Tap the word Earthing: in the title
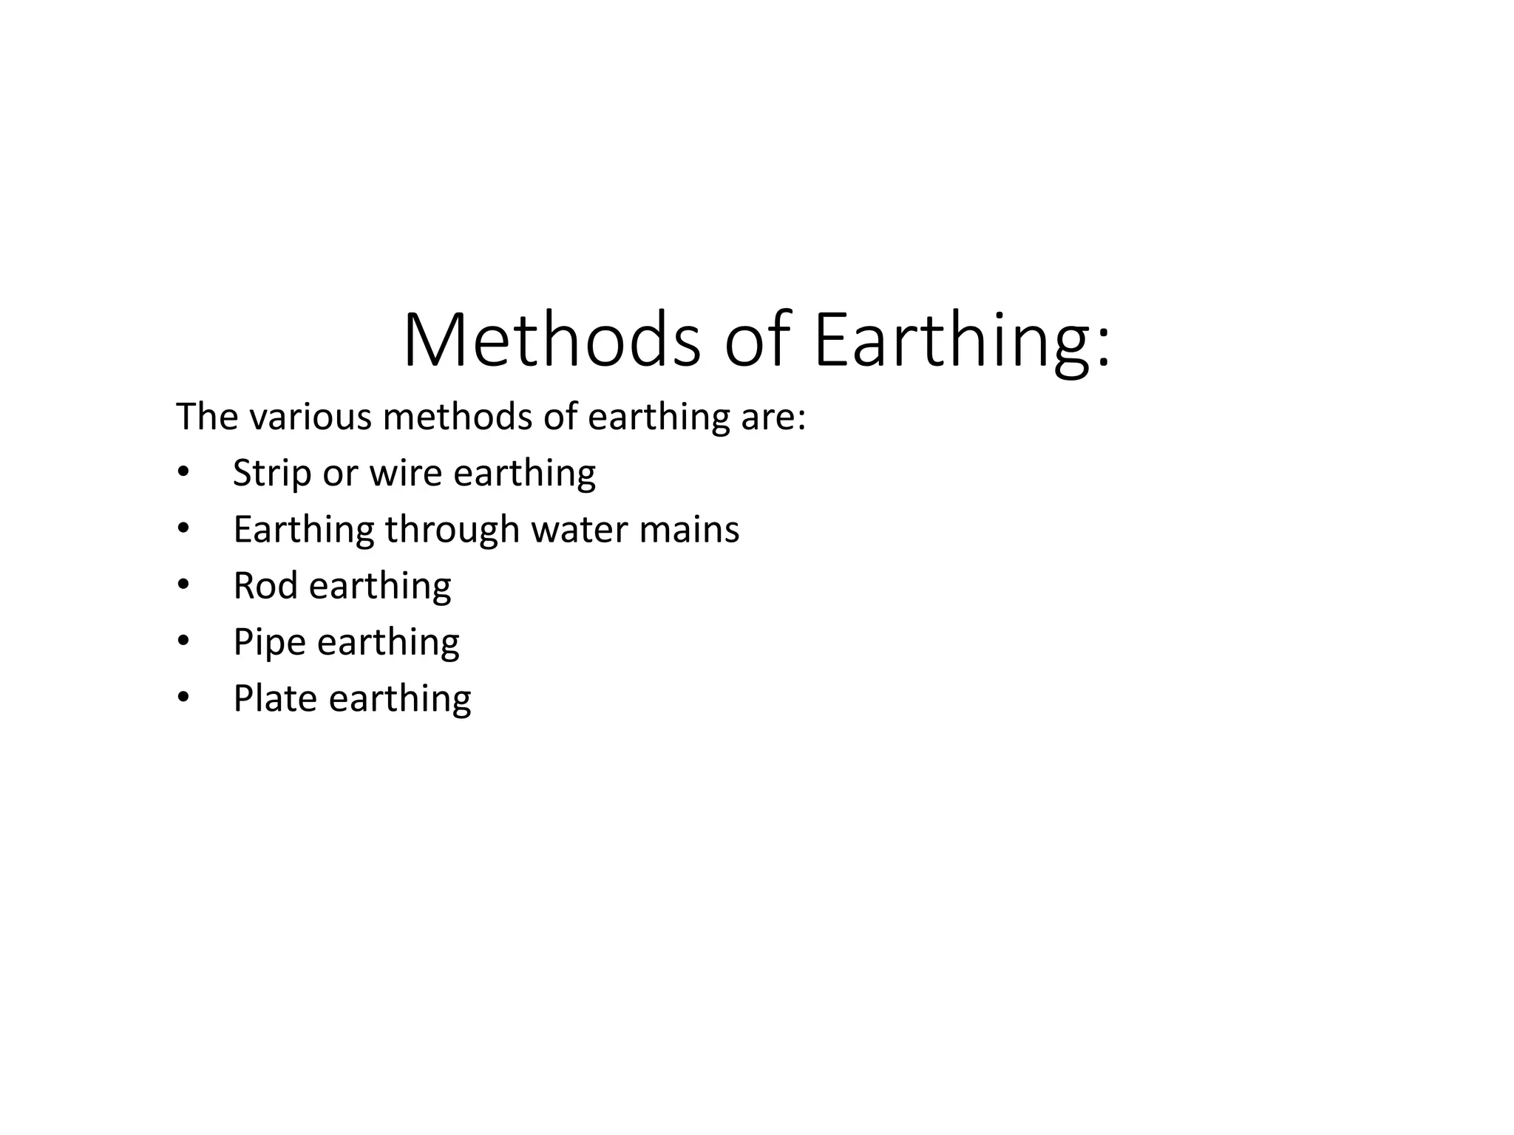click(961, 341)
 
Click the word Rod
click(265, 586)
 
